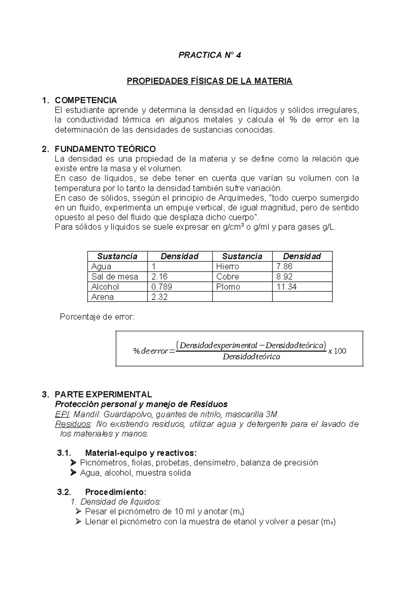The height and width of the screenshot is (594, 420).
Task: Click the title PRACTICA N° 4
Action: click(209, 55)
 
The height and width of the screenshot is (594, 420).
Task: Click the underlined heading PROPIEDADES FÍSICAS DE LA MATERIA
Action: click(209, 81)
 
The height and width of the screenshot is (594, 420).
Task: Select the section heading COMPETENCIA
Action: click(86, 101)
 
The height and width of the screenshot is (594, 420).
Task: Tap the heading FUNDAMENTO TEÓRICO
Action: click(105, 149)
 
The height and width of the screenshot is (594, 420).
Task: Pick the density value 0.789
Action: click(161, 287)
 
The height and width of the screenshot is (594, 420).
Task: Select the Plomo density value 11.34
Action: click(286, 287)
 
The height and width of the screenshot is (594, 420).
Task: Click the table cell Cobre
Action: click(227, 277)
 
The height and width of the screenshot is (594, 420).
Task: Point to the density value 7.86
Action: click(284, 267)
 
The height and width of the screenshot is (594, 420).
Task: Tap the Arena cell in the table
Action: click(102, 297)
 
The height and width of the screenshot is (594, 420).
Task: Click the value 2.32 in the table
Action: click(159, 297)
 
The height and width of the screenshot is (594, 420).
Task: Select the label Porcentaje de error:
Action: click(97, 317)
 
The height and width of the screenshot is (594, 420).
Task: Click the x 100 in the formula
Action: click(337, 351)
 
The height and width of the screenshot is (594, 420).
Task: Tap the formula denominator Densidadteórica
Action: click(251, 357)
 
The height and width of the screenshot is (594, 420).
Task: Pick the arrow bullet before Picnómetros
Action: click(73, 463)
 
